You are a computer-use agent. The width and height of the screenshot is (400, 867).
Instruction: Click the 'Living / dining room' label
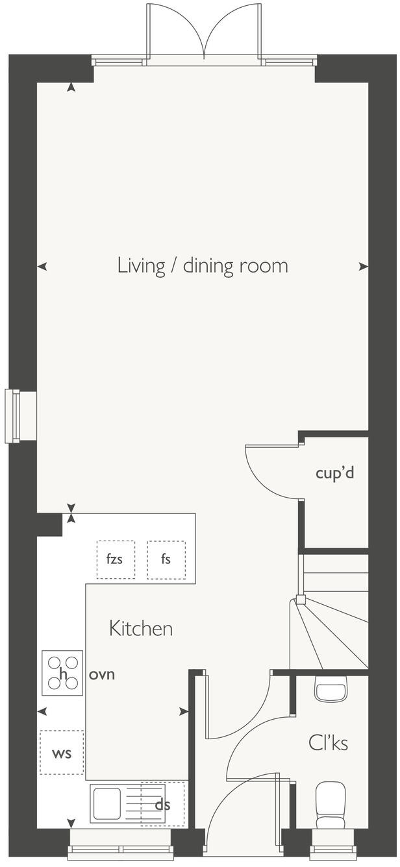(x=203, y=267)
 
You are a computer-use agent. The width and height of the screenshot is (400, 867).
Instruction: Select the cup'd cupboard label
(x=335, y=474)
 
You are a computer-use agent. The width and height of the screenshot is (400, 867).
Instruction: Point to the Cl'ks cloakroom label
(x=329, y=743)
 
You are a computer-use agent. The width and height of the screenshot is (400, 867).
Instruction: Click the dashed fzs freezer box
(x=116, y=559)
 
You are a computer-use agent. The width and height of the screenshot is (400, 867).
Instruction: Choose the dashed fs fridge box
(x=166, y=559)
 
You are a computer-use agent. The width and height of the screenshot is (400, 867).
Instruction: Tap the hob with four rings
(x=62, y=673)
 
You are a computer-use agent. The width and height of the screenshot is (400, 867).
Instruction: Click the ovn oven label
(x=102, y=674)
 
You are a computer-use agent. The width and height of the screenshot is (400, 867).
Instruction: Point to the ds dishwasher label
(x=162, y=805)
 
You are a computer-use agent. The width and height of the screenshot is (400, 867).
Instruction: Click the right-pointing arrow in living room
(x=363, y=266)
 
